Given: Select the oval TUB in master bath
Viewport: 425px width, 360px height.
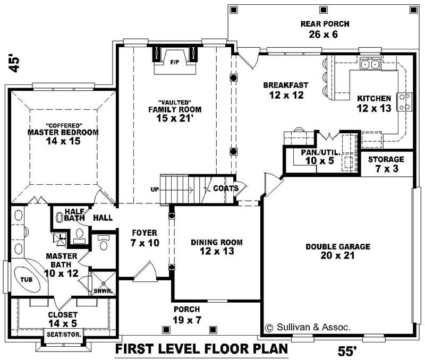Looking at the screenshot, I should pyautogui.click(x=27, y=279).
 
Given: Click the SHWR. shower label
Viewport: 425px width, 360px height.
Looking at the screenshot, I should pyautogui.click(x=100, y=291).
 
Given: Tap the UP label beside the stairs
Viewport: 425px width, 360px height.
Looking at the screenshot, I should pyautogui.click(x=155, y=189).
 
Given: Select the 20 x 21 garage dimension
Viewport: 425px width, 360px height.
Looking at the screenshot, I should pyautogui.click(x=337, y=256).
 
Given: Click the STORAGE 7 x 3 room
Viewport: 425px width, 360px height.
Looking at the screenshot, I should pyautogui.click(x=386, y=164).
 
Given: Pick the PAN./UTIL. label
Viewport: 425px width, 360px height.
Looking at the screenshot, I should pyautogui.click(x=317, y=152).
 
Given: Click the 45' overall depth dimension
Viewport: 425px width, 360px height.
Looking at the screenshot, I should pyautogui.click(x=14, y=63).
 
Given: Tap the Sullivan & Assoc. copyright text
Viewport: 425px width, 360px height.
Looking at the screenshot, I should pyautogui.click(x=307, y=328).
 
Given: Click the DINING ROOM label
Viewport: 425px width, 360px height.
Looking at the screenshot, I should pyautogui.click(x=217, y=242).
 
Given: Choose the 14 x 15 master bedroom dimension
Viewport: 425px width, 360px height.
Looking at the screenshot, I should pyautogui.click(x=63, y=141).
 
